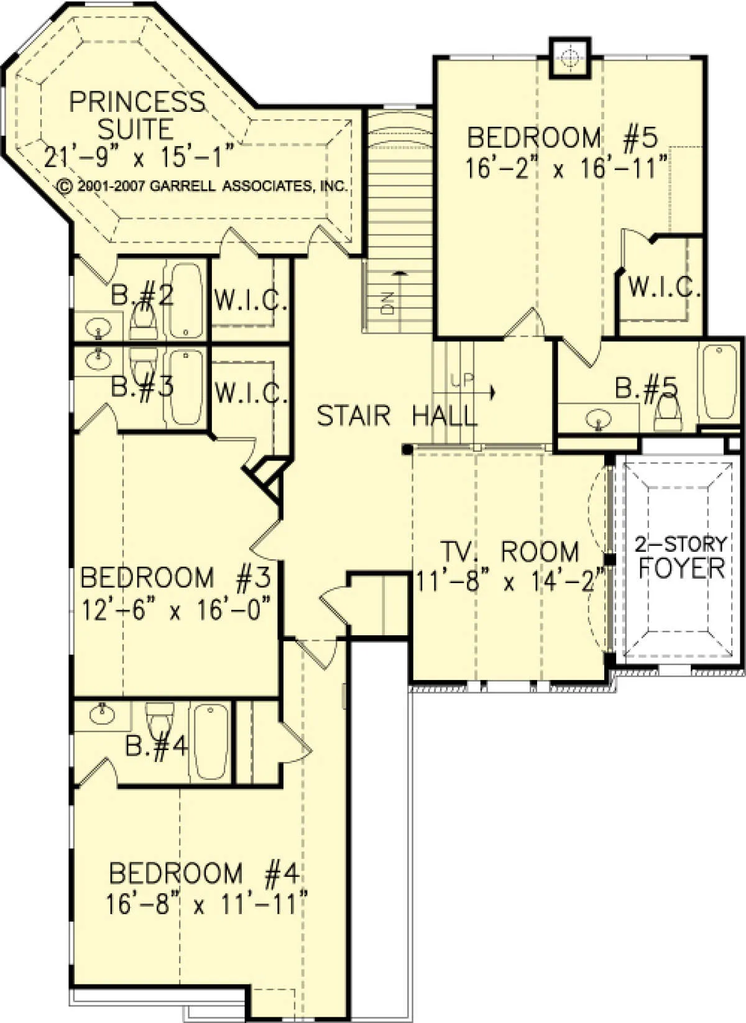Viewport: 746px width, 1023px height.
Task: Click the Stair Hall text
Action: [397, 416]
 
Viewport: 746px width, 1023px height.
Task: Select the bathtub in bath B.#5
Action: [719, 382]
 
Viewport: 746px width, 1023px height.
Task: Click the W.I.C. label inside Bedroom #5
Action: [665, 287]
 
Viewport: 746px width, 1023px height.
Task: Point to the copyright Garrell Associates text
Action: [203, 186]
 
